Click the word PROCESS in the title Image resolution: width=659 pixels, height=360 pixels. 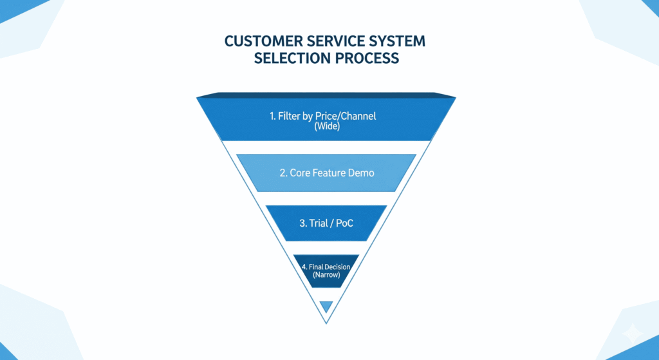coord(368,58)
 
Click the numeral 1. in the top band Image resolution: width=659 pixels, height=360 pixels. coord(273,117)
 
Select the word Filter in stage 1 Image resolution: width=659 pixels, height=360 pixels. coord(291,117)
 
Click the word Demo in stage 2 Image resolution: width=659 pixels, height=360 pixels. coord(362,173)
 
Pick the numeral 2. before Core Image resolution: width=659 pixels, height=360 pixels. coord(283,173)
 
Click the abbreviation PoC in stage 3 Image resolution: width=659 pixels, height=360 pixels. coord(345,223)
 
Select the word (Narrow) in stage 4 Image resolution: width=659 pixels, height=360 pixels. coord(326,275)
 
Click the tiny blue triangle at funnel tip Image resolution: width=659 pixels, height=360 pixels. coord(326,306)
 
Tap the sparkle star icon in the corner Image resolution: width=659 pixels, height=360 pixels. coord(633,334)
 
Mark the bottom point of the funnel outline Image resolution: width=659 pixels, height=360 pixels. coord(326,323)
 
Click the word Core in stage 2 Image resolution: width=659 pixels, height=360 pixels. coord(300,173)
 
